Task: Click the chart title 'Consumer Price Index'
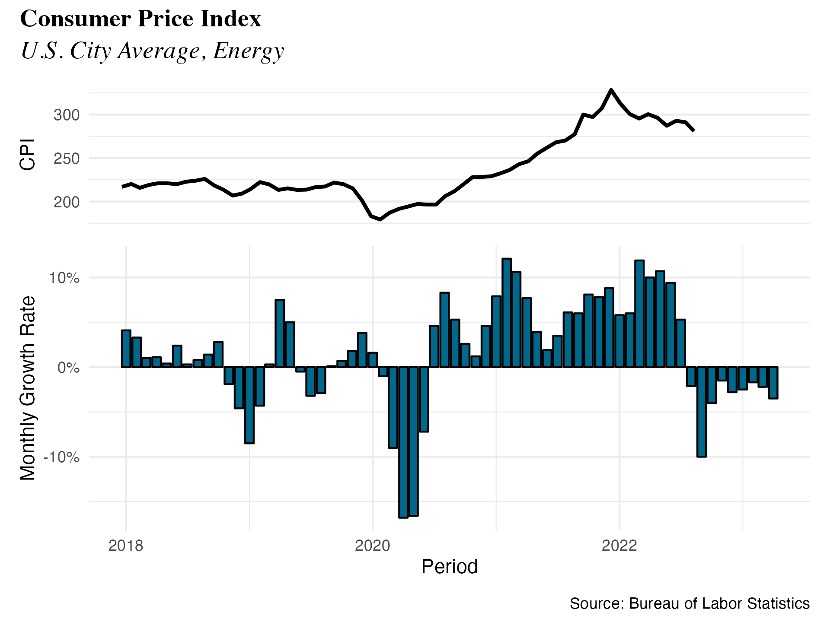click(140, 19)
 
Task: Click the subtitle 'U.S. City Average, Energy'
click(152, 51)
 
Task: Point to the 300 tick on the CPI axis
click(67, 115)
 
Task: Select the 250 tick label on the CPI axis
click(67, 159)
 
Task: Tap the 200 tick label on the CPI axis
click(67, 202)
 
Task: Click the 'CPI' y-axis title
click(27, 154)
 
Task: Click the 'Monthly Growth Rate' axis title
click(28, 388)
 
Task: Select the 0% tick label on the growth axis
click(68, 368)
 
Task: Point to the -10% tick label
click(61, 457)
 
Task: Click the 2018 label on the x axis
click(126, 546)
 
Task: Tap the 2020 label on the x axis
click(372, 546)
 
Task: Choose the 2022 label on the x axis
click(619, 546)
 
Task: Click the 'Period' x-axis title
click(449, 567)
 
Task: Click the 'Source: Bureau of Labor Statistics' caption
click(690, 603)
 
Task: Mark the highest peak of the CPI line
click(611, 90)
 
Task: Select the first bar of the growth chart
click(126, 349)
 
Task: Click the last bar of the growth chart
click(773, 383)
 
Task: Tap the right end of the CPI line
click(694, 130)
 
